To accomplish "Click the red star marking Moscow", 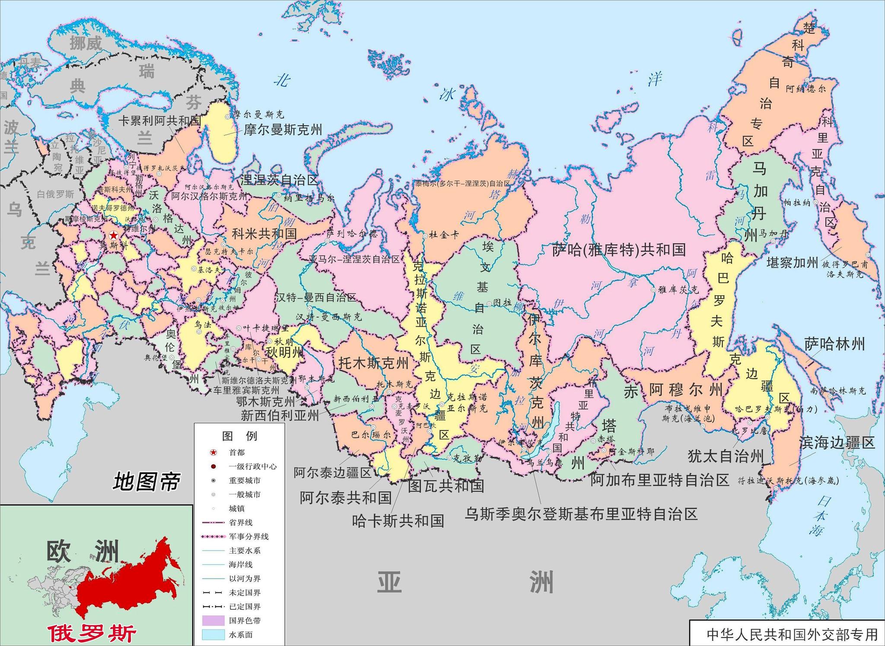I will coord(113,236).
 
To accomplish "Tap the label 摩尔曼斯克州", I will coord(283,130).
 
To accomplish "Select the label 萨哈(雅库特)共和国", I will coord(619,250).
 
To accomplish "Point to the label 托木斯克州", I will coord(373,363).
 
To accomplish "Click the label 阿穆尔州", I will coord(686,390).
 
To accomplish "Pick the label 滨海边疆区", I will coord(837,442).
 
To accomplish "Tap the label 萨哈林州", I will coord(834,344).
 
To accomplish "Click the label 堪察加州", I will coord(792,262).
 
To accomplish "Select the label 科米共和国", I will coord(264,234).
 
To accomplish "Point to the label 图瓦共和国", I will coord(446,486).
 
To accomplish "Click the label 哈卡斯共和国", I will coord(398,521).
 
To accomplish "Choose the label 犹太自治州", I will coord(726,456).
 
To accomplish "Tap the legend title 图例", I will coord(239,436).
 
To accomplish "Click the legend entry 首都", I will coord(237,452).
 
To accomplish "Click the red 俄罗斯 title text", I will coord(92,633).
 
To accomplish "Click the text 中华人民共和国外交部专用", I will coord(792,634).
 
